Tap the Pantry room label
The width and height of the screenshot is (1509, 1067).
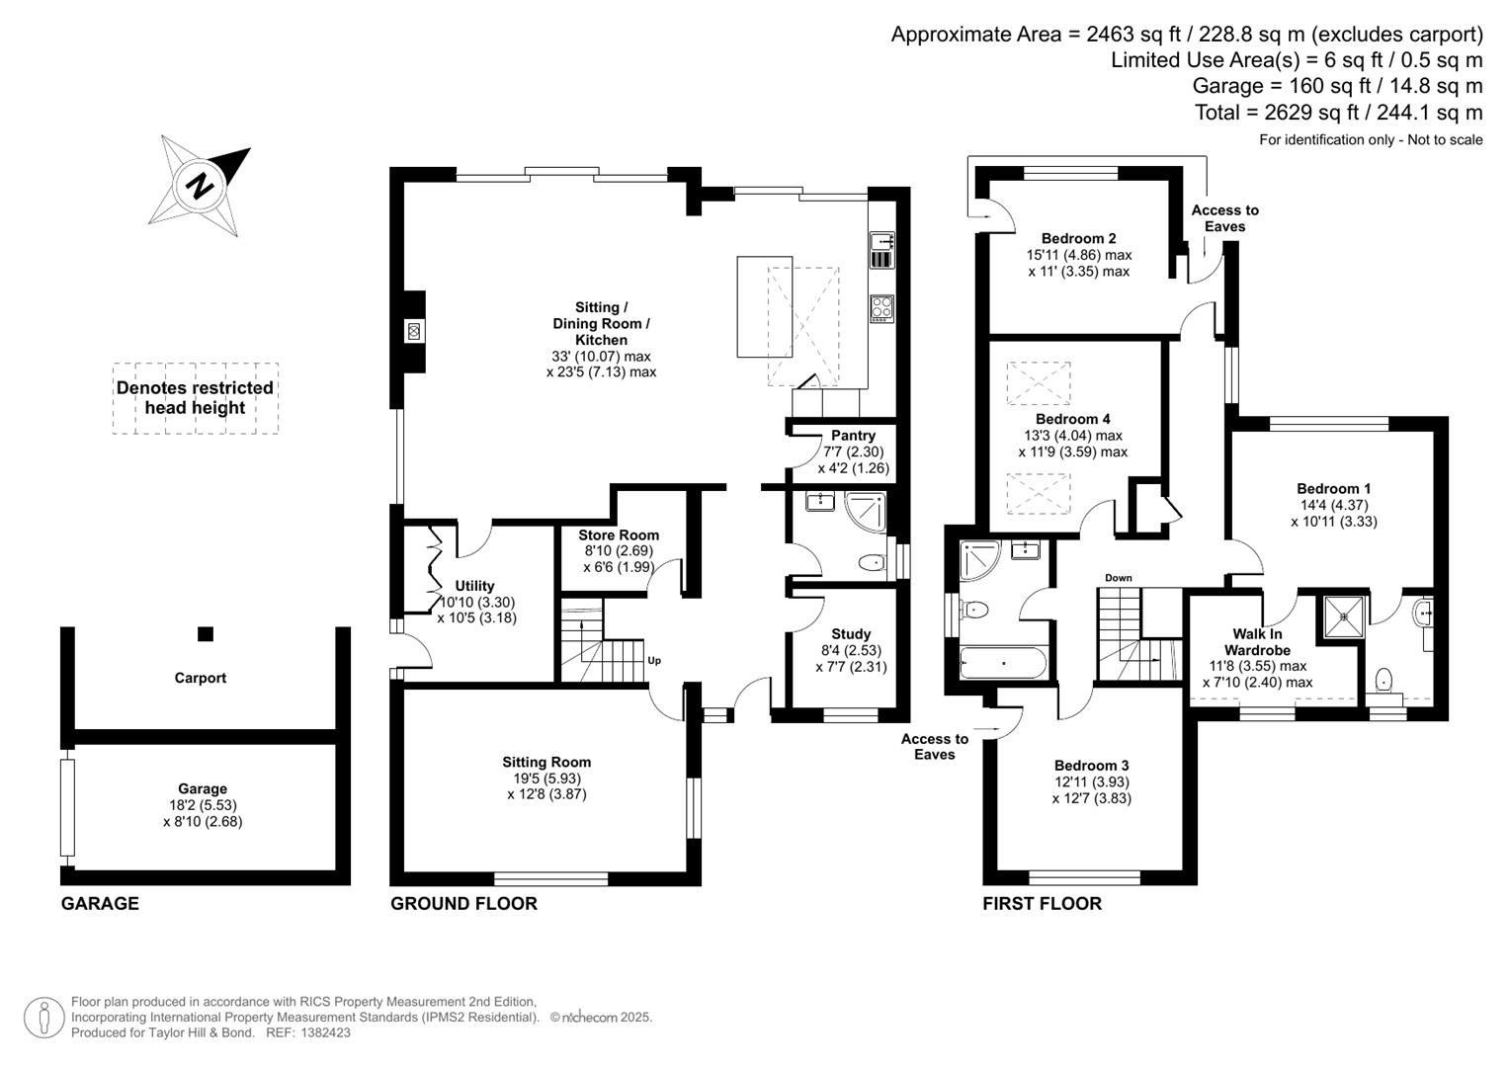853,436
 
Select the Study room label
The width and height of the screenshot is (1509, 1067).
851,634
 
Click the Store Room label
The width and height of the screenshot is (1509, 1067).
619,535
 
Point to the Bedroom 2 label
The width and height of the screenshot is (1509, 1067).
1078,238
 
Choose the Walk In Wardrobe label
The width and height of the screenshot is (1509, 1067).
1257,642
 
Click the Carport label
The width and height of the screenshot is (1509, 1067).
201,678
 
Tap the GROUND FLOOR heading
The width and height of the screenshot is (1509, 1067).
463,904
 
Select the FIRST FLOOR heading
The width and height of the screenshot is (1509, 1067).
1042,904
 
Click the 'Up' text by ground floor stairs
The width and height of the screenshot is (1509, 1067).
654,661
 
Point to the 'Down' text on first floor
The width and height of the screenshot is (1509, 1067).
1119,578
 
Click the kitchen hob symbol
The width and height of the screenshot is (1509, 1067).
881,308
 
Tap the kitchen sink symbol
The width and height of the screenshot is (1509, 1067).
881,250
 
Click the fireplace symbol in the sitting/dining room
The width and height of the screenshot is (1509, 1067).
414,331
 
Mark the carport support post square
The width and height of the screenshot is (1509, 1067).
205,634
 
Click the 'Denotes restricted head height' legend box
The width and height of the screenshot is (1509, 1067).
195,398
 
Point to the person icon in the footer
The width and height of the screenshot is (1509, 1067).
43,1018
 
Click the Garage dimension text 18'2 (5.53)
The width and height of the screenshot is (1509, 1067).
203,805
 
